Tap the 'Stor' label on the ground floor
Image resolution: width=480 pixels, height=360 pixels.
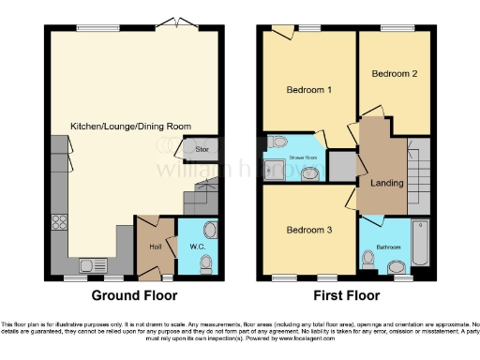202,149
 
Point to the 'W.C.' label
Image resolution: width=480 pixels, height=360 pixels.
198,247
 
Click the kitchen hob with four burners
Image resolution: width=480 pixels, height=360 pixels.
61,223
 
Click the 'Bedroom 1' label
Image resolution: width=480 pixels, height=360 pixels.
308,90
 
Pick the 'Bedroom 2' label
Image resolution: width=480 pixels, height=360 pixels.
394,73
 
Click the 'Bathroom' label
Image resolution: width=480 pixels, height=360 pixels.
388,247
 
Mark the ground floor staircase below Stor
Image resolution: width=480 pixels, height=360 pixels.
202,196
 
